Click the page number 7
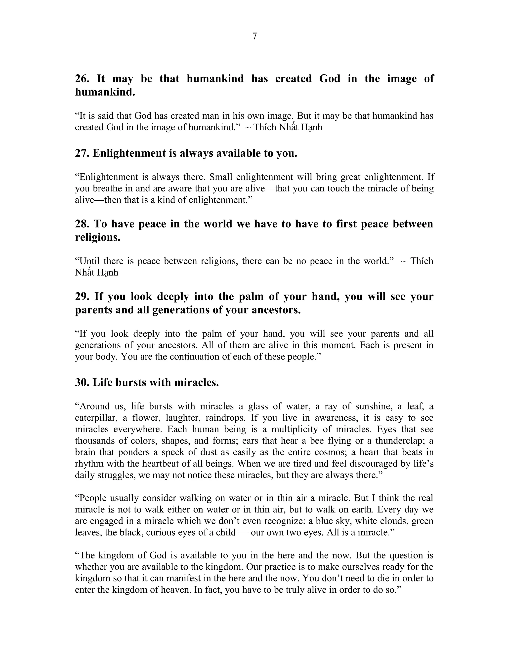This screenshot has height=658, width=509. click(254, 37)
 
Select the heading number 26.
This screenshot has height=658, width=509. click(82, 79)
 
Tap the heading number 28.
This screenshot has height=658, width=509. click(82, 224)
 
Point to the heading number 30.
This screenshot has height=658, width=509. click(82, 382)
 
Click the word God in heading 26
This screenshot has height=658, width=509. click(330, 79)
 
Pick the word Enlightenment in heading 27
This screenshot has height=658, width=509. click(129, 153)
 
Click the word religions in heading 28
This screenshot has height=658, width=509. click(97, 237)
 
